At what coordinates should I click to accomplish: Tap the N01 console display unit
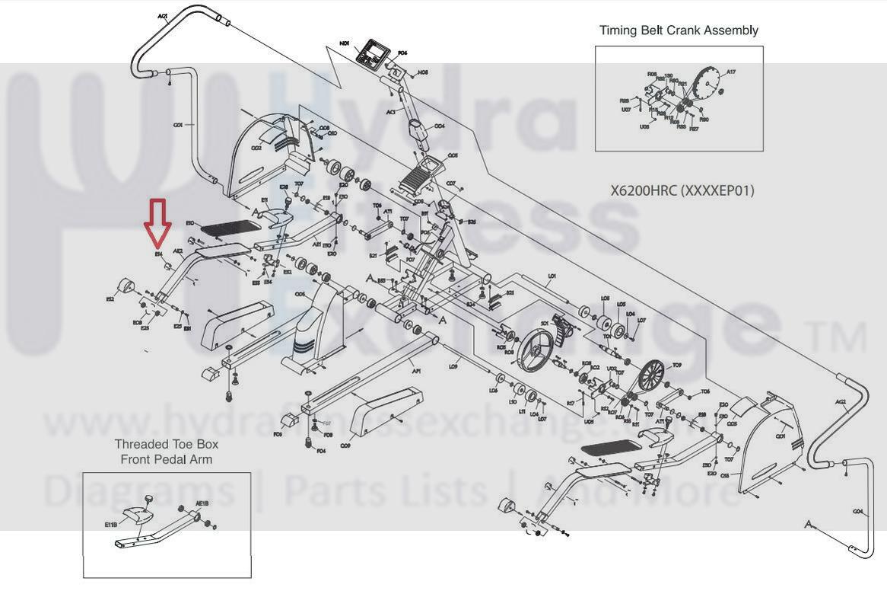tap(373, 54)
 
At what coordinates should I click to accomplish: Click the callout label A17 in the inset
tap(730, 72)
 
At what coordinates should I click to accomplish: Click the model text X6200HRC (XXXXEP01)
tap(682, 190)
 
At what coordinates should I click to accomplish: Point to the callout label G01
tap(177, 125)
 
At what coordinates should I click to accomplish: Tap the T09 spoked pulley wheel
tap(652, 376)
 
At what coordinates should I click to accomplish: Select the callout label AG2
tap(841, 402)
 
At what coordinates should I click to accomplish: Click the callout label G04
tap(858, 512)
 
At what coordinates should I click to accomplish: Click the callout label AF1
tap(416, 372)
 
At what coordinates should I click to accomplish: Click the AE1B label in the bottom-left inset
tap(202, 503)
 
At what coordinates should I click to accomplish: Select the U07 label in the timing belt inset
tap(625, 110)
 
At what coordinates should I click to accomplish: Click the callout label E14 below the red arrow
tap(159, 254)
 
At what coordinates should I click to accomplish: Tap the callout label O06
tap(300, 293)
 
